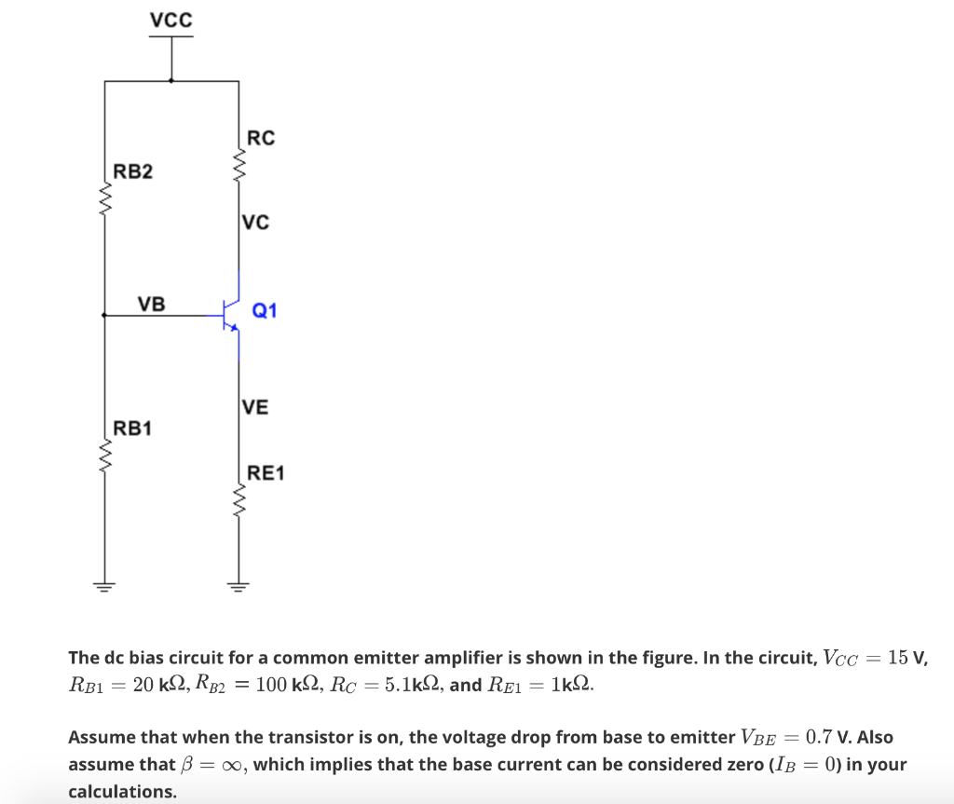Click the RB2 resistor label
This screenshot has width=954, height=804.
133,171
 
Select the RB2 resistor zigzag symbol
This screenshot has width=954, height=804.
104,197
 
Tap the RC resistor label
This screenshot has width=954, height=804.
261,138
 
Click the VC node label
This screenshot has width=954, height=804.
255,222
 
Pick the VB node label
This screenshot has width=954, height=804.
151,303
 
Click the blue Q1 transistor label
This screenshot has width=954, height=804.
265,310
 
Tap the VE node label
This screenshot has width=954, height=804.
254,406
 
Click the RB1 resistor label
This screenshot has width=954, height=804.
133,429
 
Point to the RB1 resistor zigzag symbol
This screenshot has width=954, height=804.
104,455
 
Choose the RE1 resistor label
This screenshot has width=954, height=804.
266,473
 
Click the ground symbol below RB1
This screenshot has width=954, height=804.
104,586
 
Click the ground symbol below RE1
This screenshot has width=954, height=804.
238,586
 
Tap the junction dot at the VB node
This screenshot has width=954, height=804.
104,316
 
